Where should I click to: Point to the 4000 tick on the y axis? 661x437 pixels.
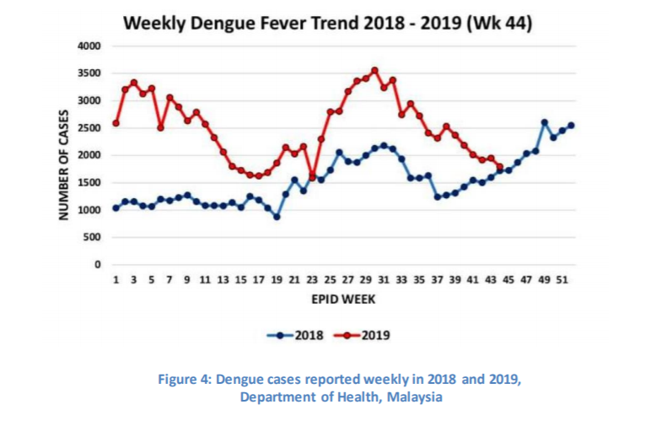(89, 46)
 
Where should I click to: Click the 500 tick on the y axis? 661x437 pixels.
(92, 237)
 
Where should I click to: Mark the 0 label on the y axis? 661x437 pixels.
(97, 265)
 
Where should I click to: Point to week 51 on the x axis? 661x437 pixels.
(562, 278)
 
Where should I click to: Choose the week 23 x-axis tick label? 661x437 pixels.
(313, 278)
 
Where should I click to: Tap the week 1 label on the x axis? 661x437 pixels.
(116, 278)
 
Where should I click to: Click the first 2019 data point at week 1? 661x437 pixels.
(116, 123)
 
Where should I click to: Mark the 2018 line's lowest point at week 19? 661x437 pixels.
(277, 217)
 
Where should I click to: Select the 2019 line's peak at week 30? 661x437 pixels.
(375, 70)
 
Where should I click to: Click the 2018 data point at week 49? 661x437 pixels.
(545, 122)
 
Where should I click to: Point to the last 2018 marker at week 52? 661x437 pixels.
(572, 126)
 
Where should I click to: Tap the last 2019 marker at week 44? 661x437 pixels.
(500, 166)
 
